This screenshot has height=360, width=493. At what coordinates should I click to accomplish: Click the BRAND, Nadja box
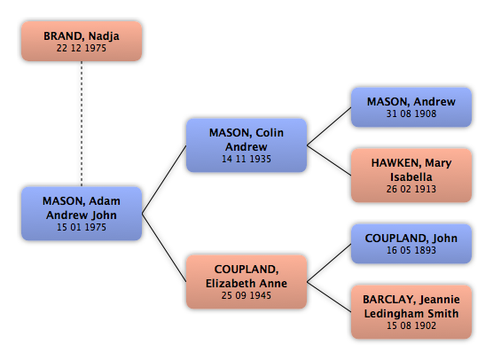(x=82, y=41)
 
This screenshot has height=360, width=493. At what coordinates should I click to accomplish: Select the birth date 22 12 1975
(x=82, y=48)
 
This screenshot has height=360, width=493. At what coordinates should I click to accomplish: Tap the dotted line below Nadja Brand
(x=82, y=124)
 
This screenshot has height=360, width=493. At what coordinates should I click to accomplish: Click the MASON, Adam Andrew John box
(x=82, y=214)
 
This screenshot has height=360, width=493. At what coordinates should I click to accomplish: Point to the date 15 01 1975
(x=82, y=227)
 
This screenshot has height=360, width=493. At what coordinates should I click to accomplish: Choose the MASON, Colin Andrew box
(x=246, y=145)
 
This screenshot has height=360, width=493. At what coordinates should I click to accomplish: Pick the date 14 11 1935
(x=246, y=159)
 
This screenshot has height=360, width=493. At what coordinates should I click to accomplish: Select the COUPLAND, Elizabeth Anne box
(x=246, y=282)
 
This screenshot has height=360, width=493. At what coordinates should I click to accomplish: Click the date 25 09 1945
(x=246, y=295)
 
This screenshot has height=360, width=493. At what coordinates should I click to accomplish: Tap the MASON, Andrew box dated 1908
(x=411, y=107)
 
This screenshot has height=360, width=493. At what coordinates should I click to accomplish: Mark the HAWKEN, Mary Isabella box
(x=411, y=176)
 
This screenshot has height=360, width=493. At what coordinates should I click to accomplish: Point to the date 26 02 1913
(x=411, y=189)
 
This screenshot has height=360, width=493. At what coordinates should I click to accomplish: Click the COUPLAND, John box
(x=411, y=244)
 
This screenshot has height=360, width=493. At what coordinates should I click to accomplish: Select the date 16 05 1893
(x=411, y=250)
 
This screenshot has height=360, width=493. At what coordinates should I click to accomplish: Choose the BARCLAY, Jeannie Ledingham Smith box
(x=411, y=312)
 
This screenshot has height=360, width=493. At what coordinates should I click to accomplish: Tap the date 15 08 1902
(x=411, y=325)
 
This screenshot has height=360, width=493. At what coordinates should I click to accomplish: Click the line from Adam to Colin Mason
(x=164, y=179)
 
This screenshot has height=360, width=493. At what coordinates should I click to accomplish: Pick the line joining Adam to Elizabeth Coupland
(x=164, y=247)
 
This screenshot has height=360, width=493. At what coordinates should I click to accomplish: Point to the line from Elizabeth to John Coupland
(x=329, y=262)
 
